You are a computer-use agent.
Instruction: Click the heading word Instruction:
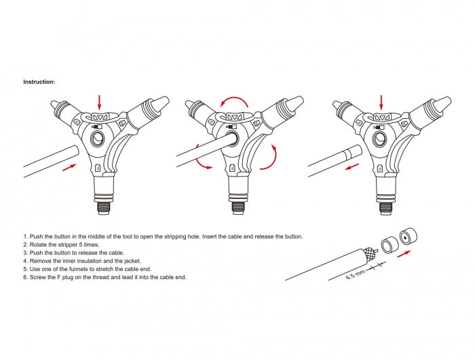point(39,82)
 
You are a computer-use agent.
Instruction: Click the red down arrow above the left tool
point(100,102)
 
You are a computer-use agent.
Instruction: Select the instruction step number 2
point(25,245)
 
